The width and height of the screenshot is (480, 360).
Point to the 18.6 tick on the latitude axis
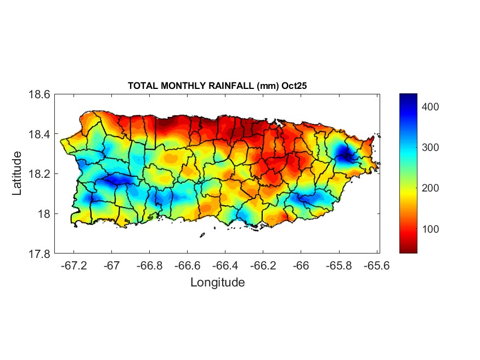coord(39,94)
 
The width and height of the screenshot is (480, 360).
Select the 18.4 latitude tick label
coord(39,134)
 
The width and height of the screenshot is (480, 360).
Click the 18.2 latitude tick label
coord(39,174)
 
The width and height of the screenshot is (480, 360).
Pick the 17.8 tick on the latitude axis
coord(39,254)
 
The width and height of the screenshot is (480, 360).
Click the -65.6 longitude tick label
coord(376,266)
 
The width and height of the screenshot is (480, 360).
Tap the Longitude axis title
coord(217,283)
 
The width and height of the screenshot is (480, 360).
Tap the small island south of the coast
coord(202,235)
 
